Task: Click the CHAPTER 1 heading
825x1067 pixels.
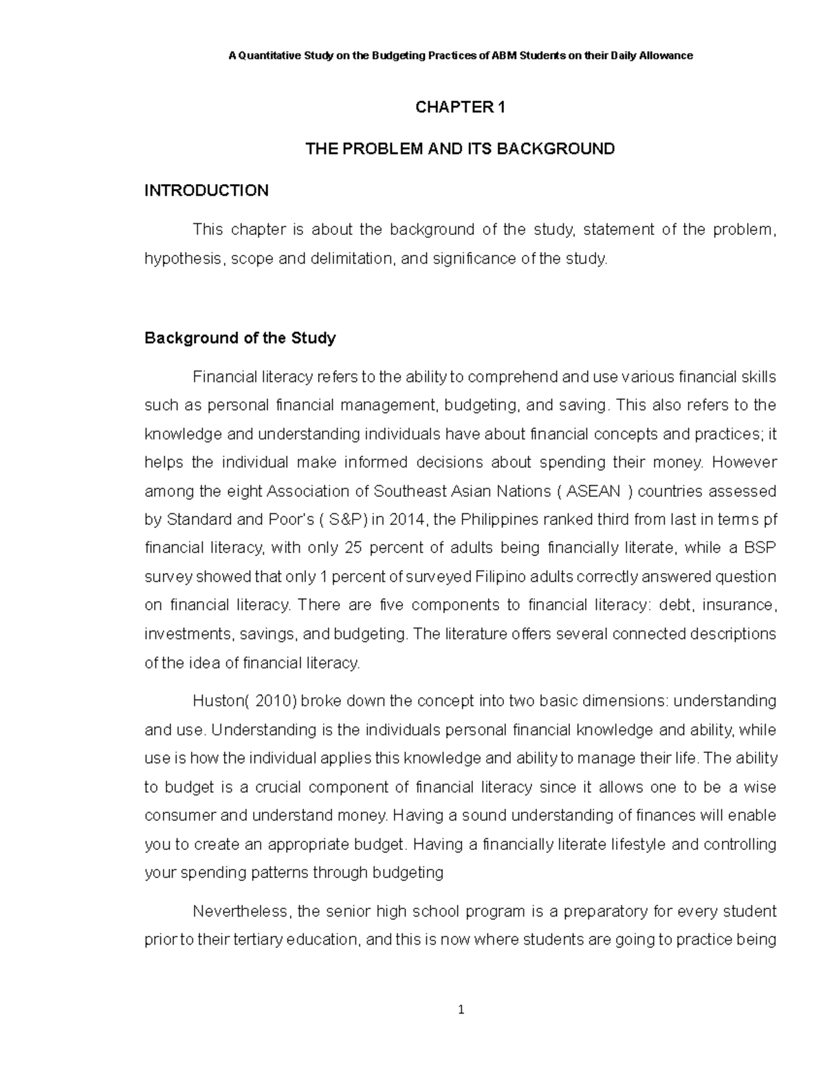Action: (460, 107)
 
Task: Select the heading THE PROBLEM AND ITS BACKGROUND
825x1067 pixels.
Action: (460, 148)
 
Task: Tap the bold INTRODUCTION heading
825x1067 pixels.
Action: (206, 190)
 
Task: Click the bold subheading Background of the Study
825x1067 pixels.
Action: (240, 338)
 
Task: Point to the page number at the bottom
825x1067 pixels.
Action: (461, 1010)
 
